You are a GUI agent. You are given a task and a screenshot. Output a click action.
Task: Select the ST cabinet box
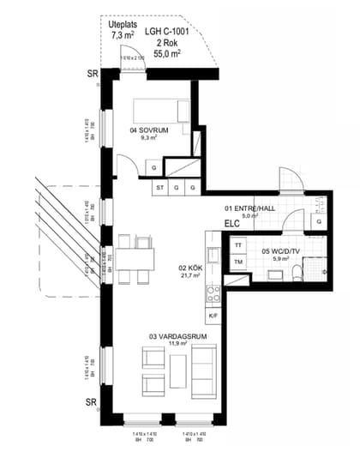[x=159, y=186]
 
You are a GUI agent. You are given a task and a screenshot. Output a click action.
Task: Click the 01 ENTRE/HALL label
[x=249, y=208]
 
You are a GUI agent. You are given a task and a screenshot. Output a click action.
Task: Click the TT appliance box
[x=237, y=244]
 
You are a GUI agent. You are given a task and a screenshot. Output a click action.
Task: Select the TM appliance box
[x=237, y=261]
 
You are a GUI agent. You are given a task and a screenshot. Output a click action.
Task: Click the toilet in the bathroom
[x=294, y=274]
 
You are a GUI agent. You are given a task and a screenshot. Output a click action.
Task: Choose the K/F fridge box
[x=213, y=316]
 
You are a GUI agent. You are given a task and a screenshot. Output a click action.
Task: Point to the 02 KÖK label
[x=189, y=268]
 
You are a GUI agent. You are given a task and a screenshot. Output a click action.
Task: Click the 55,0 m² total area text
[x=169, y=53]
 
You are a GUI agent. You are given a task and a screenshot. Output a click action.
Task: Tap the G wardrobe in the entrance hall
[x=318, y=221]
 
